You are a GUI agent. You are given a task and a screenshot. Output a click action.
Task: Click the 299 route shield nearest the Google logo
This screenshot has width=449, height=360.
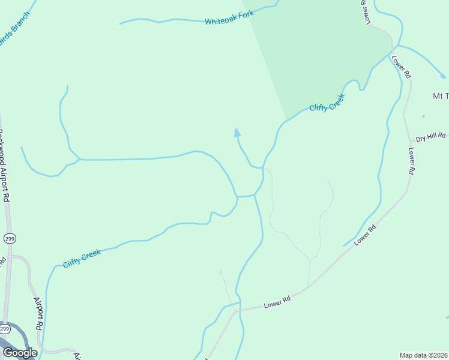click(x=5, y=329)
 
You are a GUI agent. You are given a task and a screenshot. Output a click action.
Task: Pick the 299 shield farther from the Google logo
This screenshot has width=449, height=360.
click(x=9, y=239)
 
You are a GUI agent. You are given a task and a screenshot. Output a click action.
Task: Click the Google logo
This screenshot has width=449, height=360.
click(x=20, y=353)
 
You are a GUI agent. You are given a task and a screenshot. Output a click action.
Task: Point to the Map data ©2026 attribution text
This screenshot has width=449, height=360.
click(x=424, y=355)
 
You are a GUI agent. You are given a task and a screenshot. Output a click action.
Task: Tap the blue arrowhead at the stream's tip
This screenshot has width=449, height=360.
click(x=237, y=132)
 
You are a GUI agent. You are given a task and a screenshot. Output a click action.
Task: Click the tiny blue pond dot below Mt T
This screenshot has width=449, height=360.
click(x=423, y=116)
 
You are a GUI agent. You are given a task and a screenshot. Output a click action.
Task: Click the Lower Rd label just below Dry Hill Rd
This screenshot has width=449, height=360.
click(x=412, y=161)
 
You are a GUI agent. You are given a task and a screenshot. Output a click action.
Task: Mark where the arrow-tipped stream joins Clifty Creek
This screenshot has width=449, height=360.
click(x=262, y=169)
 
